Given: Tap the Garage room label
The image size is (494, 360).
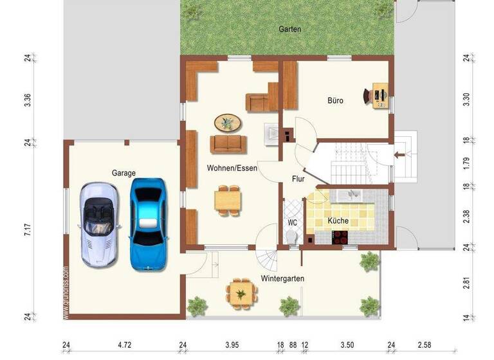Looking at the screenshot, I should [123, 173].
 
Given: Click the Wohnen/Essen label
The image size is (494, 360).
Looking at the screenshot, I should [232, 168].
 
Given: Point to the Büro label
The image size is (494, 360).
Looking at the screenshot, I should [335, 101].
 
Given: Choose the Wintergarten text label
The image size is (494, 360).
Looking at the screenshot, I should [282, 278].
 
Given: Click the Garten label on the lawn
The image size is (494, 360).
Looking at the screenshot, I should [289, 29].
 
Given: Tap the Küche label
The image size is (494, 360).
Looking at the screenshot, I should [338, 221].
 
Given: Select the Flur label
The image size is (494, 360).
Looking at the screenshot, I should [298, 179].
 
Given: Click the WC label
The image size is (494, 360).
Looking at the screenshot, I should [292, 223].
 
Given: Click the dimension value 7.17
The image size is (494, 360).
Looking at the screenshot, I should [28, 230].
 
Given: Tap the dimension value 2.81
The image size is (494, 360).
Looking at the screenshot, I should [466, 283].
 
